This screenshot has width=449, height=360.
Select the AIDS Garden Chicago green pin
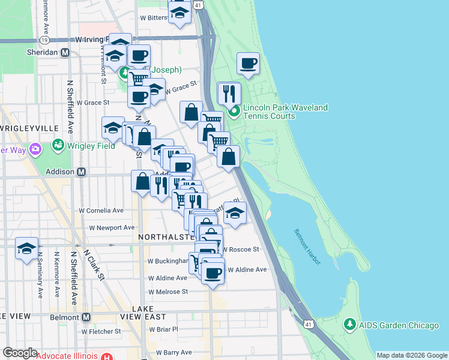click(x=350, y=325)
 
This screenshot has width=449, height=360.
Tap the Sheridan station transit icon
click(x=65, y=52)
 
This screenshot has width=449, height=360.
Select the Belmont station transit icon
click(x=86, y=317)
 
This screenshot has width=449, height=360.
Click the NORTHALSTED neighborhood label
click(x=167, y=237)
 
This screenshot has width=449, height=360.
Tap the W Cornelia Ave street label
click(x=101, y=211)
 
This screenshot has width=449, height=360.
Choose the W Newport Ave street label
click(x=112, y=227)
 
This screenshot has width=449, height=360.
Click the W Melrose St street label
click(x=168, y=291)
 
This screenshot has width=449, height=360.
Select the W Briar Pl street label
click(x=163, y=329)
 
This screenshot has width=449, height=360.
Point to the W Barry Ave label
click(x=173, y=352)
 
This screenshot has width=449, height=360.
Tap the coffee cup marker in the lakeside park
click(x=248, y=64)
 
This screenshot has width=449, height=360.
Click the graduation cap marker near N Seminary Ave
click(x=26, y=248)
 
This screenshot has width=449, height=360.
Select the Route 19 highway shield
click(x=44, y=40)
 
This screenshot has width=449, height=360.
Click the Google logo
click(x=20, y=353)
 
